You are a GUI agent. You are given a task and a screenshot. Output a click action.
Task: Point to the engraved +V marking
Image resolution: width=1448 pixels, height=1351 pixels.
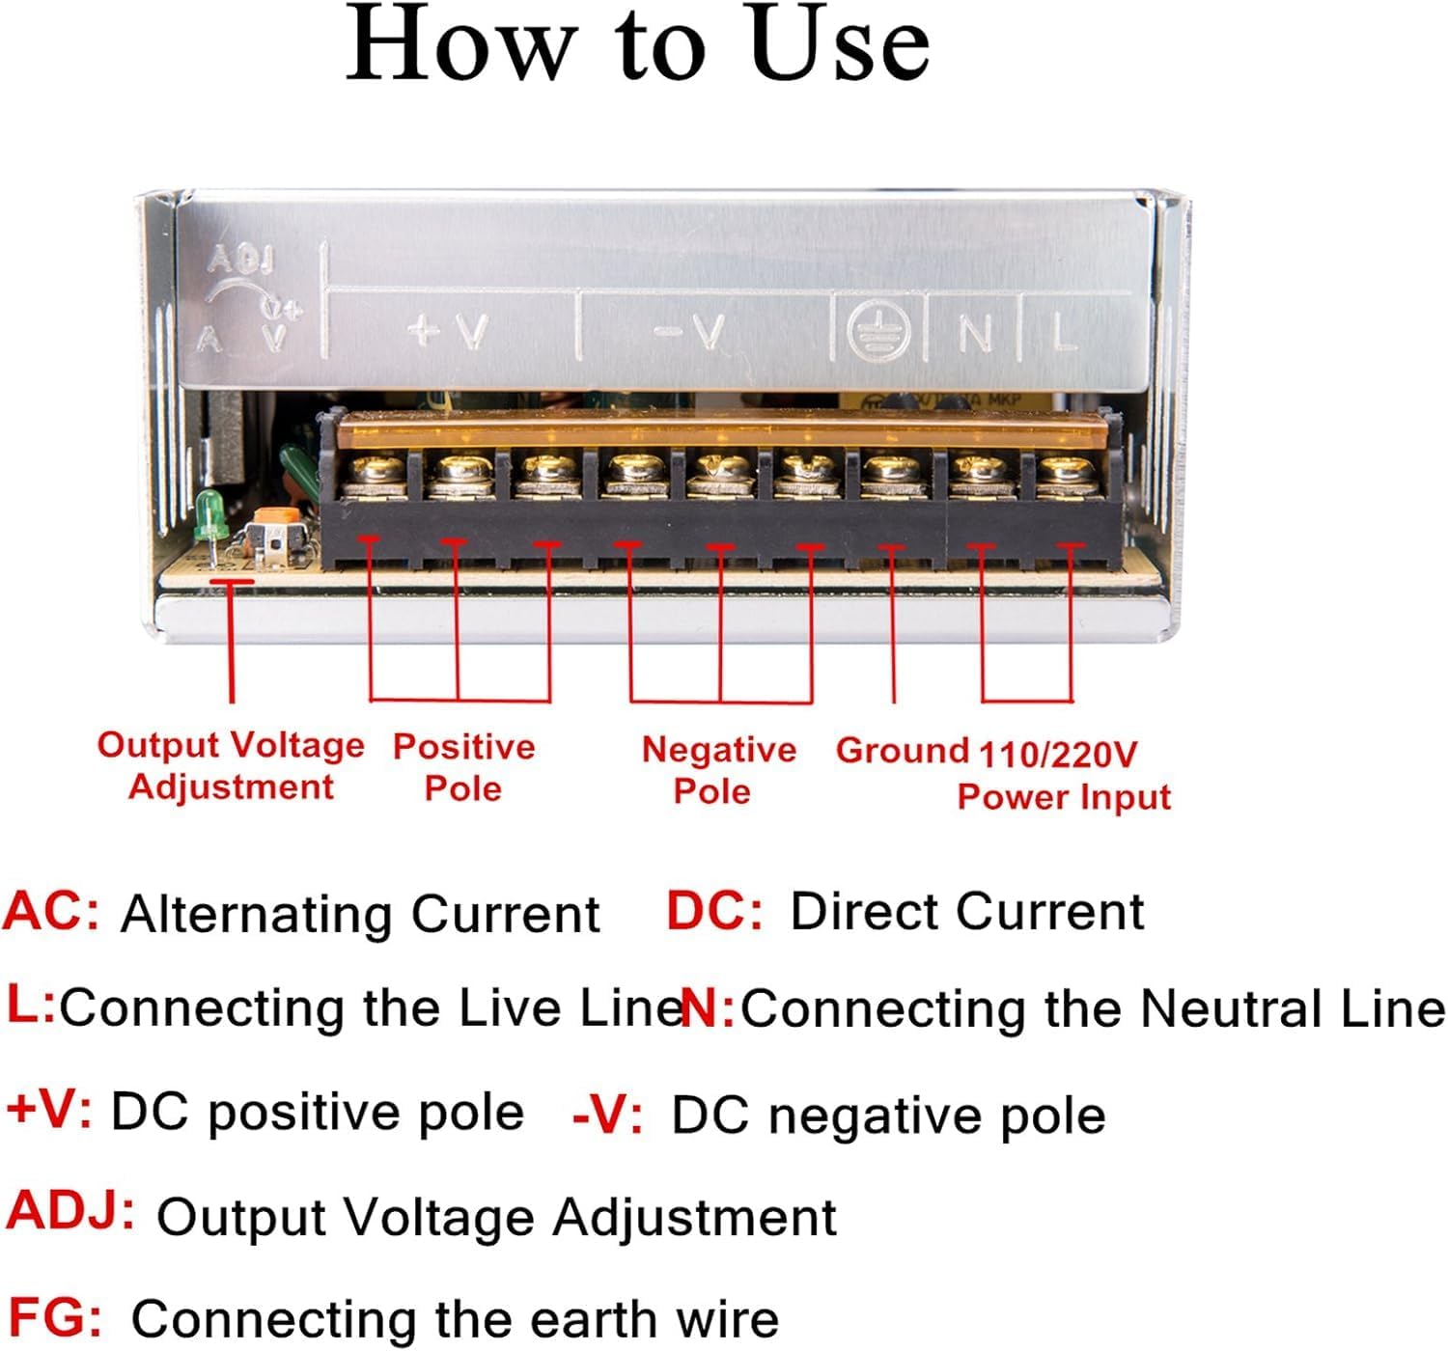450,331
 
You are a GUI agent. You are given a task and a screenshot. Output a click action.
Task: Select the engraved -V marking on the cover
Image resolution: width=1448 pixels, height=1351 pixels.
690,332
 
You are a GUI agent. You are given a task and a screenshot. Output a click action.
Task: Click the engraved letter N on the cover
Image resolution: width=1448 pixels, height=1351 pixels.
975,334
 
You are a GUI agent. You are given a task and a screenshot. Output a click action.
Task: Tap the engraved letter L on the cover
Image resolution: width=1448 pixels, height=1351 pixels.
1063,334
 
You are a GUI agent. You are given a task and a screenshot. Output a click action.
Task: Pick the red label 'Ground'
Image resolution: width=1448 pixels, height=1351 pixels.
902,750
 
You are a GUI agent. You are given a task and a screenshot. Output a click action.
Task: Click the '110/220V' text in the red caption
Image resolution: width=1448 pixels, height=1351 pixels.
1058,754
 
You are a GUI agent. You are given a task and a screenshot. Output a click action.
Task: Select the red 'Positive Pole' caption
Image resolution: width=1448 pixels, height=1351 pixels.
463,767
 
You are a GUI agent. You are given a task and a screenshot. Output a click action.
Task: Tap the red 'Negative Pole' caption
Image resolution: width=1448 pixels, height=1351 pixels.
718,770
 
